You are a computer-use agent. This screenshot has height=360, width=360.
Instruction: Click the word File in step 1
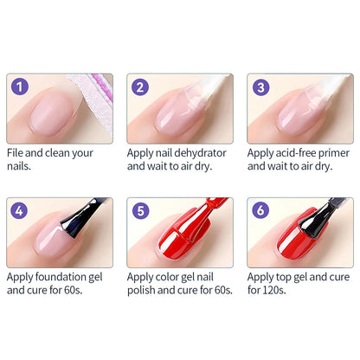tap(17, 152)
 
